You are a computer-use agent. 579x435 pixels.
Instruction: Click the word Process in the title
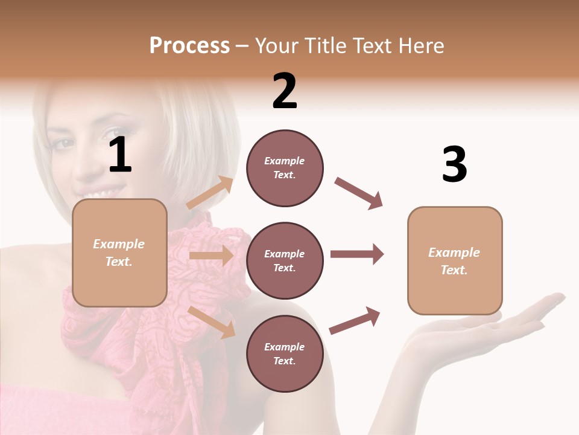tap(189, 45)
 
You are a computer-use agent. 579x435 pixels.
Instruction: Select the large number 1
tap(120, 156)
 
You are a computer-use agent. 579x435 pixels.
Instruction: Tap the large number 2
tap(285, 91)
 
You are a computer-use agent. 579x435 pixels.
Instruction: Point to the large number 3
tap(454, 165)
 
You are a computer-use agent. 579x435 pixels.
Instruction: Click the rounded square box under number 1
tap(119, 253)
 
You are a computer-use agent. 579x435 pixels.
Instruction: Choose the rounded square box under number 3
tap(455, 260)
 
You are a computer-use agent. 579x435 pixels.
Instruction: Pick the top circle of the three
tap(285, 168)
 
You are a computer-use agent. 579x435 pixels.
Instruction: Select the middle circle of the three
tap(285, 260)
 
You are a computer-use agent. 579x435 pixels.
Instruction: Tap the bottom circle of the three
tap(285, 353)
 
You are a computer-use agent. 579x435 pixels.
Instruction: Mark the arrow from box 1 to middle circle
tap(210, 256)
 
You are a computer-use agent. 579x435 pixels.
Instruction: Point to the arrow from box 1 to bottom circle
tap(211, 321)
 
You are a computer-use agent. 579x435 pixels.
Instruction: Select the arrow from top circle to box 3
tap(358, 193)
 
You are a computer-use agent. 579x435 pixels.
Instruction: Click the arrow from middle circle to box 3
tap(357, 254)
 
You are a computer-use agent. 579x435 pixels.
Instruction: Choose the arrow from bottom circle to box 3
tap(355, 320)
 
